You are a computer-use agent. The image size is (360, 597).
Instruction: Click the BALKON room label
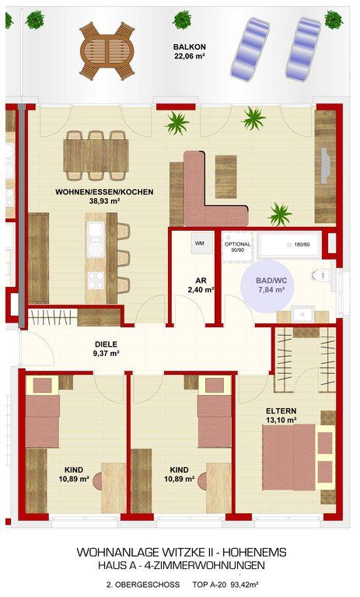pyautogui.click(x=190, y=47)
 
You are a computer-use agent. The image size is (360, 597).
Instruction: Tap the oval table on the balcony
pyautogui.click(x=107, y=51)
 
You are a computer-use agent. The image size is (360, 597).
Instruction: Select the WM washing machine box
pyautogui.click(x=200, y=243)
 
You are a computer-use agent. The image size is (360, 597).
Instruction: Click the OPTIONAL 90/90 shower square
pyautogui.click(x=237, y=246)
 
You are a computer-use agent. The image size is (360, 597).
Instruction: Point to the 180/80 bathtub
pyautogui.click(x=289, y=244)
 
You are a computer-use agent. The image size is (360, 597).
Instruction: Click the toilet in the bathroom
pyautogui.click(x=320, y=275)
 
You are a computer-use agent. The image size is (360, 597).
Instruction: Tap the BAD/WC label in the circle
pyautogui.click(x=271, y=281)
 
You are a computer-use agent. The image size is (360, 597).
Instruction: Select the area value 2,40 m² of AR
pyautogui.click(x=201, y=290)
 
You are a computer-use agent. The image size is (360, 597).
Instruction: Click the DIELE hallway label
pyautogui.click(x=107, y=344)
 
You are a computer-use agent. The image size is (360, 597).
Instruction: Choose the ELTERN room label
pyautogui.click(x=281, y=411)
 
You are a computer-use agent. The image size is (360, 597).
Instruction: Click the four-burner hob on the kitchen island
pyautogui.click(x=96, y=280)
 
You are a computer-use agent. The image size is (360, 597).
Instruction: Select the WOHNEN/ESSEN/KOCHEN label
pyautogui.click(x=104, y=192)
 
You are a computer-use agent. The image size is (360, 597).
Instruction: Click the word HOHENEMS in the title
pyautogui.click(x=254, y=552)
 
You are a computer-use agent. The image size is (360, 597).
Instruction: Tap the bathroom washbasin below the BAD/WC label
pyautogui.click(x=303, y=315)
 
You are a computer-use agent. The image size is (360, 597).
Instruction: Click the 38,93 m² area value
pyautogui.click(x=104, y=201)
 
